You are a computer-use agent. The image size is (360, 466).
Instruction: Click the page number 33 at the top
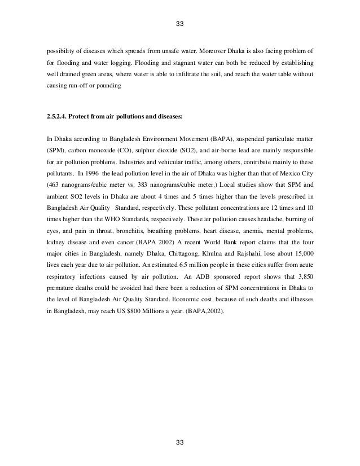point(180,24)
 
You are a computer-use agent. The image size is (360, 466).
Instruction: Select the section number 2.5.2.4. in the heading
point(57,117)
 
